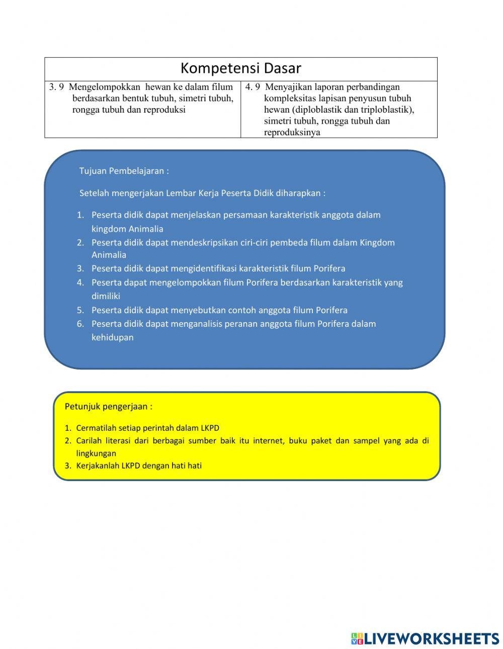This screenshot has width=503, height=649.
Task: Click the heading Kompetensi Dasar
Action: pos(240,68)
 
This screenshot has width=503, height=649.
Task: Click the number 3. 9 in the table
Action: pos(56,87)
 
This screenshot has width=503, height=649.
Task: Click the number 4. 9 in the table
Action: pos(253,87)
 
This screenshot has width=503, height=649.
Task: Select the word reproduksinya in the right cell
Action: pos(292,133)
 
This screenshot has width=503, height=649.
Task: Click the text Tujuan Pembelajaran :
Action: pos(124,171)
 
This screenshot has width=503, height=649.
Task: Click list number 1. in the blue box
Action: pos(80,215)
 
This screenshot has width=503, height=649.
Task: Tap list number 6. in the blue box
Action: pos(80,324)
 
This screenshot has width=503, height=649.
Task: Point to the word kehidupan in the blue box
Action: pos(112,337)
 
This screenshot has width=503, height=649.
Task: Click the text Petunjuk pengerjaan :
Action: pos(108,406)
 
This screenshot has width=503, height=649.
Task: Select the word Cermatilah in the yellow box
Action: pos(96,428)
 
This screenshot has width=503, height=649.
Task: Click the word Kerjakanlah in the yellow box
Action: pos(98,466)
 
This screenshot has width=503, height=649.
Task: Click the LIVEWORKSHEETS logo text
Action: pos(431,638)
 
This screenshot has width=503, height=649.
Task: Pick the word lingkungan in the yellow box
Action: pos(96,453)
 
